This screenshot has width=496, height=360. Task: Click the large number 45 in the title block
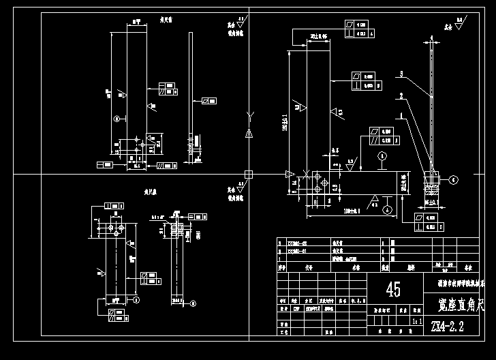coord(393,290)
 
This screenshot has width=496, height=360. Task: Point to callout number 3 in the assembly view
coord(403,73)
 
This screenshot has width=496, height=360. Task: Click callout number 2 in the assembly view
coord(402,95)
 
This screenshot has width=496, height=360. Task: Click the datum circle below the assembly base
coord(386,210)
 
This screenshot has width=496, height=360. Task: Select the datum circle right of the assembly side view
coord(453,180)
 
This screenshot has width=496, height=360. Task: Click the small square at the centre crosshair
coord(248,174)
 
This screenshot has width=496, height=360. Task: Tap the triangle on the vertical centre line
coord(248,134)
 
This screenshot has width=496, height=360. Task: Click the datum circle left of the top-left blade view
coord(117,119)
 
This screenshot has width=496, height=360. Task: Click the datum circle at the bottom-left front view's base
coord(136,299)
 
